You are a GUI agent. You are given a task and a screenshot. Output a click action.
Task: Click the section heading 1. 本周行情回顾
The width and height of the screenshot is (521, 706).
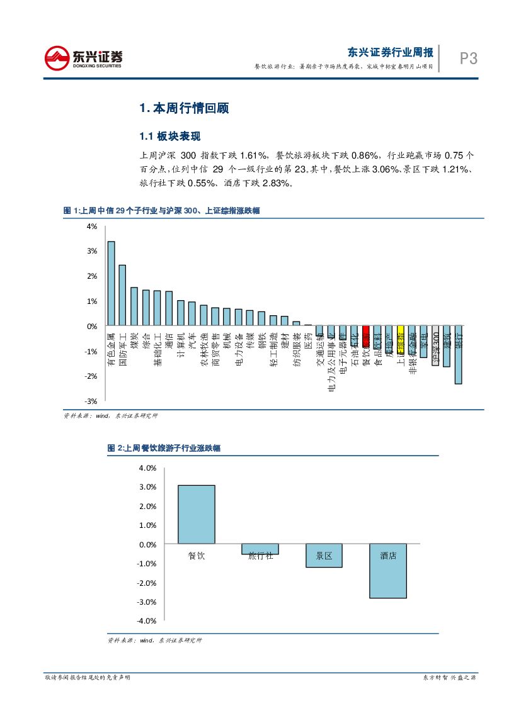pyautogui.click(x=175, y=108)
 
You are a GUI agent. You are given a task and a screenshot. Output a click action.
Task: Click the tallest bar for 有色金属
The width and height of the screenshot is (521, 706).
pyautogui.click(x=111, y=283)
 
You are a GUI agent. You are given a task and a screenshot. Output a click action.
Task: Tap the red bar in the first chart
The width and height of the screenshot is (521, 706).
pyautogui.click(x=365, y=333)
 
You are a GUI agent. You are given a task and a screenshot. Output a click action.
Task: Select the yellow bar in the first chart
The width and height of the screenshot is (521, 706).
pyautogui.click(x=400, y=334)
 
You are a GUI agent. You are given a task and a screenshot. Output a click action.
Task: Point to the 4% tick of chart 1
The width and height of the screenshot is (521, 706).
pyautogui.click(x=92, y=226)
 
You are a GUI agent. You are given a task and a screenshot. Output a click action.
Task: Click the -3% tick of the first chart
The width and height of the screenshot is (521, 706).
pyautogui.click(x=91, y=401)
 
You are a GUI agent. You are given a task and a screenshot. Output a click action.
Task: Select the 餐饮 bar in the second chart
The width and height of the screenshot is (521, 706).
pyautogui.click(x=197, y=514)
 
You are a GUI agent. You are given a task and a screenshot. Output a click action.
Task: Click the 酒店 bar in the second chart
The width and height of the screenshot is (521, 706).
pyautogui.click(x=387, y=571)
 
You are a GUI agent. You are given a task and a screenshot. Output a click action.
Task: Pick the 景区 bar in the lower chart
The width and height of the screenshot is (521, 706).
pyautogui.click(x=324, y=556)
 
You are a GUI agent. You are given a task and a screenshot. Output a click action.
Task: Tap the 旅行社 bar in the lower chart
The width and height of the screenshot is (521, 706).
pyautogui.click(x=260, y=549)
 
